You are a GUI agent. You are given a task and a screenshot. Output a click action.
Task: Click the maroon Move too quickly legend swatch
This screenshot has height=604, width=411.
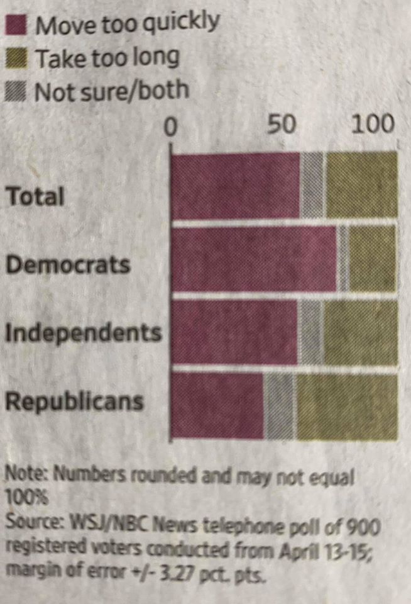(x=16, y=26)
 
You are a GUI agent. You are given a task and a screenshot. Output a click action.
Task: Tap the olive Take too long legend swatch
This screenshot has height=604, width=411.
(x=16, y=60)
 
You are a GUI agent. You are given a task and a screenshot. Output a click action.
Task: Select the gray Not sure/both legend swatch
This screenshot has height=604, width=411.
(x=16, y=92)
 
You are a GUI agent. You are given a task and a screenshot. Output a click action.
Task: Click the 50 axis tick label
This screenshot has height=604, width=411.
(x=282, y=124)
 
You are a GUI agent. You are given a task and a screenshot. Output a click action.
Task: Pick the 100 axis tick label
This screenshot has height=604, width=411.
(x=373, y=124)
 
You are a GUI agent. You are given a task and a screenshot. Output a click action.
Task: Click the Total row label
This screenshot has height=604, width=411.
(x=35, y=197)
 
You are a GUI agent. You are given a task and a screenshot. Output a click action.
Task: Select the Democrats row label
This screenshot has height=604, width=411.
(x=68, y=265)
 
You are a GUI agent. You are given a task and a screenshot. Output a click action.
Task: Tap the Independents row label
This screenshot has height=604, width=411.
(x=84, y=333)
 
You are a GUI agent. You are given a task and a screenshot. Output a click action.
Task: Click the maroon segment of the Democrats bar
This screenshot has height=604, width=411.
(x=255, y=259)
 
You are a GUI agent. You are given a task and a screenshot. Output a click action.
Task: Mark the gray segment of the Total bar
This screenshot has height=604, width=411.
(x=312, y=186)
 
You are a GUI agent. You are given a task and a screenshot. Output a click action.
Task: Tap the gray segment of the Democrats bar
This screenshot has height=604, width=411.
(x=343, y=259)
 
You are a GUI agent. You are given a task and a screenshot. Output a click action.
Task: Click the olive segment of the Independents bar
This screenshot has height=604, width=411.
(x=360, y=333)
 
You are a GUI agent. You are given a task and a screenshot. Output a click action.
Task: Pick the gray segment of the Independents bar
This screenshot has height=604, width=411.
(x=310, y=333)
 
